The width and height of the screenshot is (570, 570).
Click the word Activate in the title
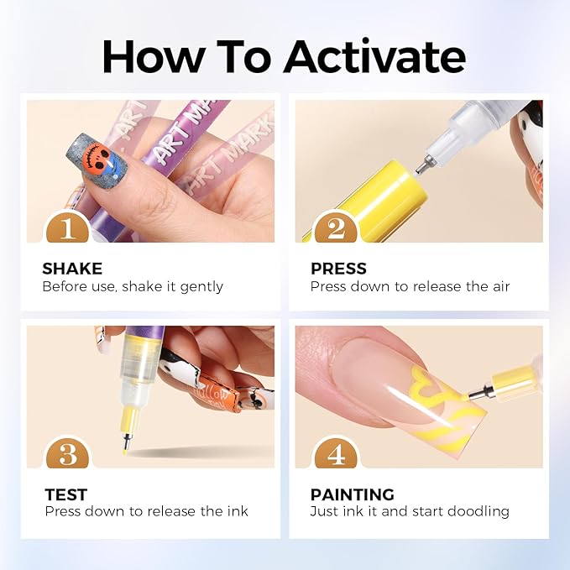(374, 56)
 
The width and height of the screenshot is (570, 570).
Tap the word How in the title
(153, 56)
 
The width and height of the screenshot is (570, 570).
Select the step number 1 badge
(68, 227)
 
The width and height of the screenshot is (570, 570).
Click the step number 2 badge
(336, 227)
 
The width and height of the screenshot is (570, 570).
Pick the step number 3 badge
(68, 452)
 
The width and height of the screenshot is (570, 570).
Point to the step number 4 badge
(336, 452)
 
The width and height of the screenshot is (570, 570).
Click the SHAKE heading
(72, 269)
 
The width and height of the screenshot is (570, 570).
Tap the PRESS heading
(338, 269)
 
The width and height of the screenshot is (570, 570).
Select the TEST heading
(66, 494)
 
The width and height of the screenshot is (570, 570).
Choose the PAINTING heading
(353, 494)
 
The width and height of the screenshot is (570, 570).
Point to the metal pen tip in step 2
(423, 165)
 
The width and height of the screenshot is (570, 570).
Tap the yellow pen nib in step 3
(125, 442)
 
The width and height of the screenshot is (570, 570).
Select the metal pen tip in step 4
(480, 393)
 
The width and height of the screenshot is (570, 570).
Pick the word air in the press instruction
(501, 286)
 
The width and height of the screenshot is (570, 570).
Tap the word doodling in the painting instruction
(478, 512)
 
